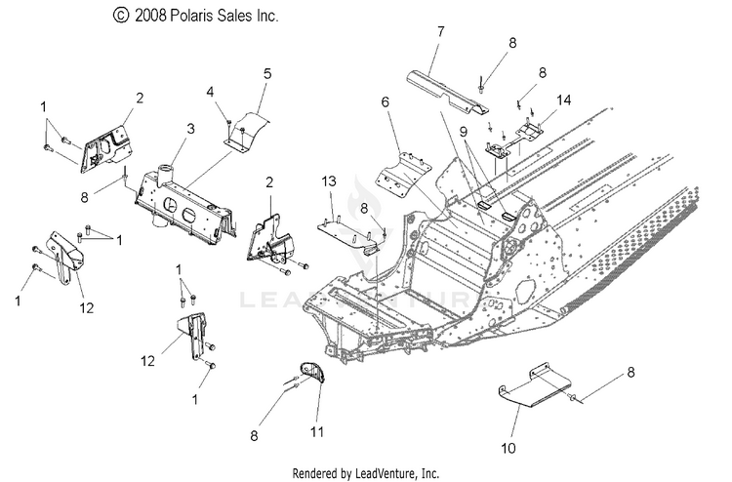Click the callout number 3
190,129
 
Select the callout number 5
267,74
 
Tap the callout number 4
211,92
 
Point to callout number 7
441,32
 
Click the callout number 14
563,100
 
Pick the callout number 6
386,101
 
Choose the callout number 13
329,181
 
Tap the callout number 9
463,132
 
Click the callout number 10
508,449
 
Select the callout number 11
317,432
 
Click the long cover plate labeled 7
447,92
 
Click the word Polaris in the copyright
189,16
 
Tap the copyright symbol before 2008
120,16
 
